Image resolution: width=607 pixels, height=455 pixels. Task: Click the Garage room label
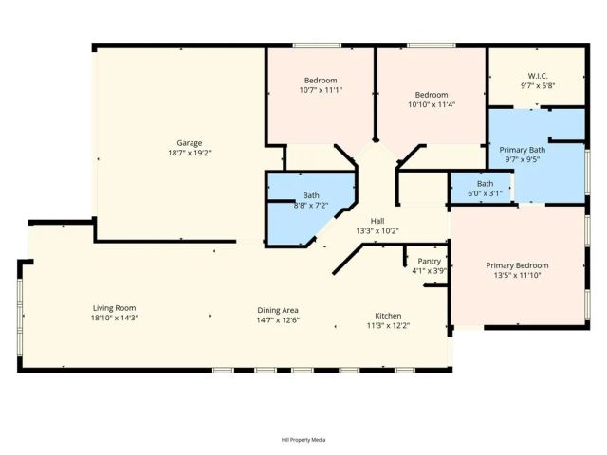click(189, 143)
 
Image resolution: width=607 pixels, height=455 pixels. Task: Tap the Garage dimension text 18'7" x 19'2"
click(189, 153)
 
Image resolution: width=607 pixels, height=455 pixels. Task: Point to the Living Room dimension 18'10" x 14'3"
click(114, 318)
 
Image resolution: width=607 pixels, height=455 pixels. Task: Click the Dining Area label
click(278, 310)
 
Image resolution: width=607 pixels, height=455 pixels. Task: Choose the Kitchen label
click(388, 315)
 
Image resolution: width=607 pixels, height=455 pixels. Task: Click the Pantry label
click(430, 261)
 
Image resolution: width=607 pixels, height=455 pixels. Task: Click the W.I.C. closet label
click(538, 76)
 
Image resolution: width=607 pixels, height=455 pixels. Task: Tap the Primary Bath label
click(523, 150)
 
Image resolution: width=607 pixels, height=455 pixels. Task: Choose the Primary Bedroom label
click(517, 265)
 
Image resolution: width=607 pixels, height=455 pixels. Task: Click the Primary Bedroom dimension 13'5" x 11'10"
click(517, 276)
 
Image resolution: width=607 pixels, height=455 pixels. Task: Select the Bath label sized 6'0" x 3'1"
click(485, 183)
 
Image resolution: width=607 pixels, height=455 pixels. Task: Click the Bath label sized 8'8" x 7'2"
click(311, 194)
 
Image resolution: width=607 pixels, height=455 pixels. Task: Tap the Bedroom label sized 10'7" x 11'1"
click(321, 80)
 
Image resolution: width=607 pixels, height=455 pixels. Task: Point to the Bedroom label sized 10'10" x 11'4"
click(432, 95)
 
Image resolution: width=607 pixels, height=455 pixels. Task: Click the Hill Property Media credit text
click(303, 440)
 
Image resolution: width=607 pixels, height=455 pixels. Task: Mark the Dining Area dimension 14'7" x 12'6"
click(278, 320)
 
